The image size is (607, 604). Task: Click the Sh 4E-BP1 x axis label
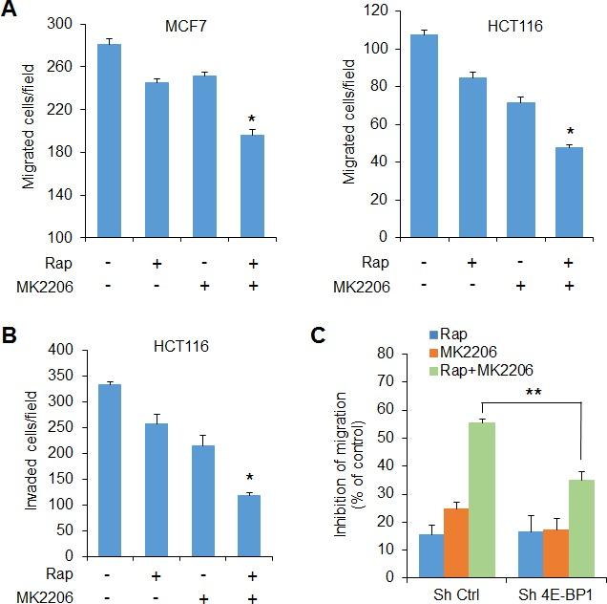(x=549, y=592)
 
